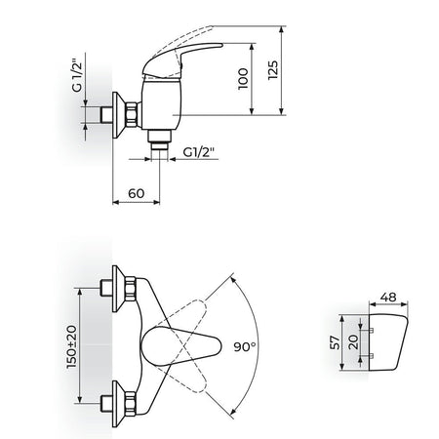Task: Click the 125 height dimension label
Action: click(x=273, y=70)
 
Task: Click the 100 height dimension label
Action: click(x=243, y=78)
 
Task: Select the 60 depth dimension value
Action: click(x=136, y=193)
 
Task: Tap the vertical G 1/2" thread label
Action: click(x=76, y=75)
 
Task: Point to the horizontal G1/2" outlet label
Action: click(x=199, y=152)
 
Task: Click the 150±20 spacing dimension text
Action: click(x=71, y=346)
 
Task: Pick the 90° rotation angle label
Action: click(x=245, y=346)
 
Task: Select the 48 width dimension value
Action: click(x=388, y=298)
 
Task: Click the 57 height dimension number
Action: click(x=335, y=342)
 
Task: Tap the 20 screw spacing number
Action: click(x=353, y=341)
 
